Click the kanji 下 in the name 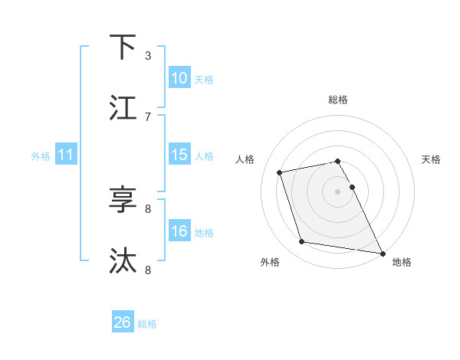(x=123, y=47)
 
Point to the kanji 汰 (x=123, y=260)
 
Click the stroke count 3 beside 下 (x=148, y=55)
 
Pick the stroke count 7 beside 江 (x=148, y=116)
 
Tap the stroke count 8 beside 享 (x=148, y=208)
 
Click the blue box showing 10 (x=179, y=78)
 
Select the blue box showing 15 (x=179, y=155)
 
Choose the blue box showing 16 (x=179, y=231)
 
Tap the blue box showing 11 (x=66, y=155)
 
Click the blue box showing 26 (x=123, y=322)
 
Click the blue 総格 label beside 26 (x=147, y=324)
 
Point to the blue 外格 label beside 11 (x=41, y=156)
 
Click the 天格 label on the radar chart (x=432, y=159)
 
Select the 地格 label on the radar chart (x=402, y=263)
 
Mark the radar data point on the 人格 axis (x=280, y=172)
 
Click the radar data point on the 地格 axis (x=382, y=253)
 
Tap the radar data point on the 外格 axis (x=302, y=242)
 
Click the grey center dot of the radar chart (x=338, y=191)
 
